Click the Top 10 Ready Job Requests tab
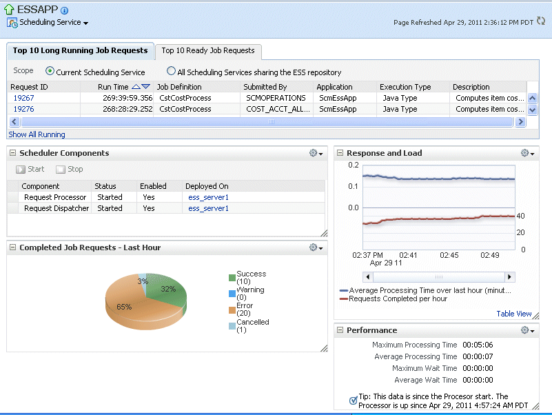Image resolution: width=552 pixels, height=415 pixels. [208, 50]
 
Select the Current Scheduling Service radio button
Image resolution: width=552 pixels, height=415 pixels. [50, 71]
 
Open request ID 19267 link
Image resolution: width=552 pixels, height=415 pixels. [23, 98]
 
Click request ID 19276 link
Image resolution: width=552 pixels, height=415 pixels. [23, 109]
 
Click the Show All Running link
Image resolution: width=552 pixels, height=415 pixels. [37, 134]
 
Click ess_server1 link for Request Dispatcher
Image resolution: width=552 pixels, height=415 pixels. [208, 208]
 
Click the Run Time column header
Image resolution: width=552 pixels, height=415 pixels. [113, 87]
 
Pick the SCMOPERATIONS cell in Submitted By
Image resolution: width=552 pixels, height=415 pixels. [275, 98]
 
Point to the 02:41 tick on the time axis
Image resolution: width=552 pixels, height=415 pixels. [409, 255]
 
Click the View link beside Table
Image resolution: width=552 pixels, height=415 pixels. [524, 314]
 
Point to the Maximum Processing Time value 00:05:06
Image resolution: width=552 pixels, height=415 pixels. [478, 345]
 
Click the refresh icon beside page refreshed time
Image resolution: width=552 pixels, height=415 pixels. [541, 22]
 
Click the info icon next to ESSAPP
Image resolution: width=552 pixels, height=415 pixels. [65, 10]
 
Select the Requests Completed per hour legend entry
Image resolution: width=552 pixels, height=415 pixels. [398, 298]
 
